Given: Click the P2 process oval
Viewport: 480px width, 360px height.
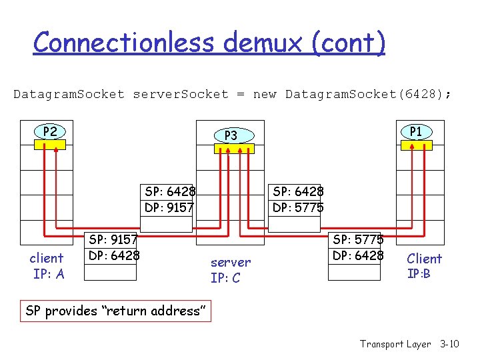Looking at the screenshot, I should (50, 132).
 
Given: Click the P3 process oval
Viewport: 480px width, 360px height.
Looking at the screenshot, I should (231, 136).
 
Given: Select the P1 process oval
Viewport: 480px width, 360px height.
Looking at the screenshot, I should (415, 132).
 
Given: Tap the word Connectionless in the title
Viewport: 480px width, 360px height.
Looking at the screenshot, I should (124, 43).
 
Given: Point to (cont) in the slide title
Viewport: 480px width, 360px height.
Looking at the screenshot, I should (347, 43).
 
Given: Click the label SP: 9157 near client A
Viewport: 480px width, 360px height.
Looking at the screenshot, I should (113, 239).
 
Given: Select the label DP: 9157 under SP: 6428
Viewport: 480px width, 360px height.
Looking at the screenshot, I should (169, 207).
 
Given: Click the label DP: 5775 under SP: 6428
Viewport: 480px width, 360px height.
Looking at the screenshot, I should (298, 207).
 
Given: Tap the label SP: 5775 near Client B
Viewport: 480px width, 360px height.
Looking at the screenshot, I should (358, 239).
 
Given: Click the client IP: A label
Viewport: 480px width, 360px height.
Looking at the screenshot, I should (47, 266).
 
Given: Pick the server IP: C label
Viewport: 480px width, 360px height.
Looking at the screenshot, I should (231, 270).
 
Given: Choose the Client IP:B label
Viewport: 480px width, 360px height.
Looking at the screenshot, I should (424, 265).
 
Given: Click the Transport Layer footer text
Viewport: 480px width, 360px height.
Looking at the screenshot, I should (395, 344).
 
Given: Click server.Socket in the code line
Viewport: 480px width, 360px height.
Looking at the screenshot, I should (180, 94).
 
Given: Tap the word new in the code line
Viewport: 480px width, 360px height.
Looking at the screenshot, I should (265, 94).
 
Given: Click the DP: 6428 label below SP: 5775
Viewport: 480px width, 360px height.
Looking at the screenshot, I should (358, 255).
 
